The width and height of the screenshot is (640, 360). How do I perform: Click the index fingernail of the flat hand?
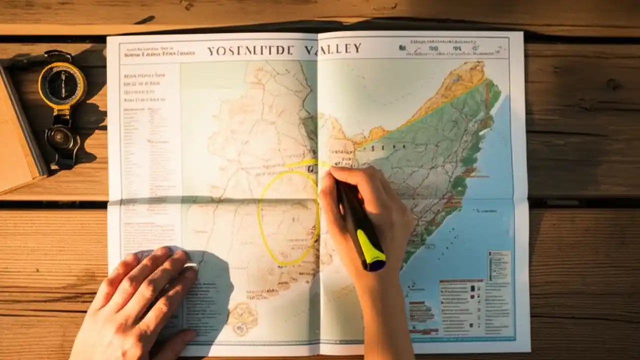click(190, 266)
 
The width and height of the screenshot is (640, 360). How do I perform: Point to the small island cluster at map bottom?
click(243, 317)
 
